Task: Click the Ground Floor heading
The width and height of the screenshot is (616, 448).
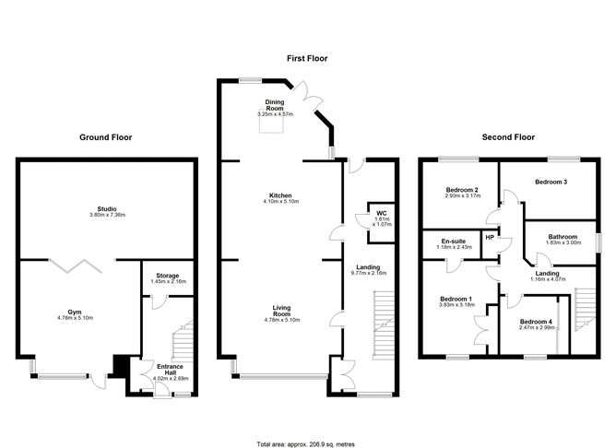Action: point(105,137)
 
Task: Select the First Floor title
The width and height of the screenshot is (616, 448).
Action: point(307,58)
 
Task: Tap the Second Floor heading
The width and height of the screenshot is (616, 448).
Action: point(509,137)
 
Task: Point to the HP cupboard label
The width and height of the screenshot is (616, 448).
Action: point(490,237)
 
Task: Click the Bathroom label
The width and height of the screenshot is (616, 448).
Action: point(563,236)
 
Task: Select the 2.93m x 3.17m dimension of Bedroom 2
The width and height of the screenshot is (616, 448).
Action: point(463,195)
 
